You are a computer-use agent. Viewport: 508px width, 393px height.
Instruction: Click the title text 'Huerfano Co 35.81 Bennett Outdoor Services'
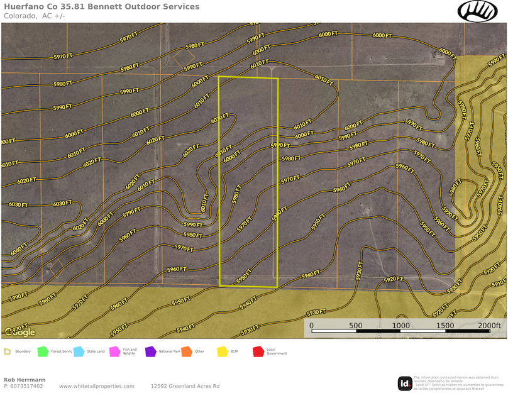coord(102,7)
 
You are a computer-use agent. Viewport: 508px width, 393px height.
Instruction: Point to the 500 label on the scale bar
coord(356,325)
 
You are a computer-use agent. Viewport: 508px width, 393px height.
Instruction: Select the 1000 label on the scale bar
coord(400,325)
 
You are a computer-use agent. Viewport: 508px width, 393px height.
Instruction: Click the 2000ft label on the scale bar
coord(489,325)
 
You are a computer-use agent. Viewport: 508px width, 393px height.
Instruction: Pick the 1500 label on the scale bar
coord(445,325)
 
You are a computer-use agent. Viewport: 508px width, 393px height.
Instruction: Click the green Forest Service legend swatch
coord(43,351)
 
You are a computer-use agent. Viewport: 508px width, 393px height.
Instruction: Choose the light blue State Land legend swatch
coord(79,351)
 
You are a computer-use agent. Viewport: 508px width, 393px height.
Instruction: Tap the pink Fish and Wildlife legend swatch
coord(114,351)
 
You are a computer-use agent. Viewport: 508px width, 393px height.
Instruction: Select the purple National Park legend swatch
coord(150,351)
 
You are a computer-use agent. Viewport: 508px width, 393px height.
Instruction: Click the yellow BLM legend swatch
coord(222,351)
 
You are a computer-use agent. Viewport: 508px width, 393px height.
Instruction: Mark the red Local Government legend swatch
coord(258,351)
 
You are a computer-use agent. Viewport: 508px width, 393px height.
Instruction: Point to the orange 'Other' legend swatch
coord(186,351)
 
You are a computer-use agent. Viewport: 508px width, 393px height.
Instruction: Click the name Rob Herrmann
coord(25,380)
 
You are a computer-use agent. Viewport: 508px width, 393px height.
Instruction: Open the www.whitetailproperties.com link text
coord(97,386)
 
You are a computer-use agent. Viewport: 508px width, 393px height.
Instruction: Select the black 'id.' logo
coord(405,382)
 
